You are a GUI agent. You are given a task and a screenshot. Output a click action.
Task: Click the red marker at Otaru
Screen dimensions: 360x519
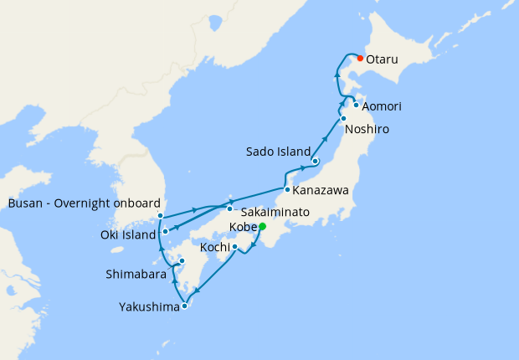(360, 58)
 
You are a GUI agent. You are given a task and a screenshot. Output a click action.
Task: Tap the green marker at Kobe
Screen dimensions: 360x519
(262, 226)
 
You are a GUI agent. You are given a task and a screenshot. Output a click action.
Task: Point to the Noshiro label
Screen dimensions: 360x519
(367, 129)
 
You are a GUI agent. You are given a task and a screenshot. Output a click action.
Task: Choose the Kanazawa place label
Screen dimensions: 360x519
(321, 191)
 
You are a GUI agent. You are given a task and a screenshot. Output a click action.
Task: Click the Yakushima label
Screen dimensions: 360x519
(149, 307)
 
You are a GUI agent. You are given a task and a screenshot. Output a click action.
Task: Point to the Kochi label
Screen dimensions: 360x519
(214, 247)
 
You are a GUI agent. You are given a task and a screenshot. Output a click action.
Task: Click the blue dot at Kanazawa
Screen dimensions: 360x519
(287, 189)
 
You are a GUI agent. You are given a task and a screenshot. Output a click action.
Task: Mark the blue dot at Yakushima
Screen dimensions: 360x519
(185, 306)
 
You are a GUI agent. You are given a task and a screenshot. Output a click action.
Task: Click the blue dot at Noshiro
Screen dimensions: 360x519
(343, 118)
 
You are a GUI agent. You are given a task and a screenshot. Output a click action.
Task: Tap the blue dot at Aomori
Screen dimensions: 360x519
(357, 105)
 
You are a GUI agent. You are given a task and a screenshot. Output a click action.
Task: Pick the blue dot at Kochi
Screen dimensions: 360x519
(235, 246)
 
